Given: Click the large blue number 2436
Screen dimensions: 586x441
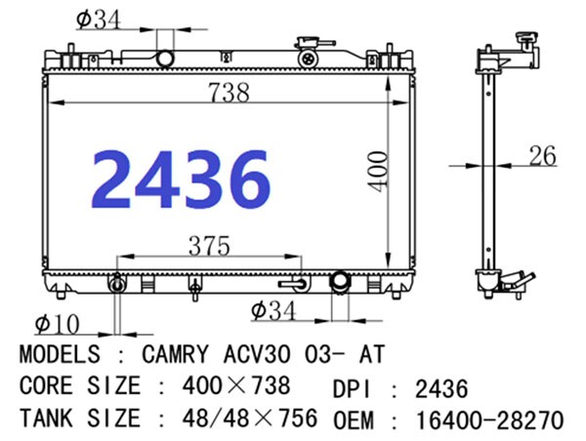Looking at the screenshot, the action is [181, 179].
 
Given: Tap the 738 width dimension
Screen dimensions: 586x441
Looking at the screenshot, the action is [230, 93].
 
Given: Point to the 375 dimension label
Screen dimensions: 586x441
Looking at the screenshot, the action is [209, 246].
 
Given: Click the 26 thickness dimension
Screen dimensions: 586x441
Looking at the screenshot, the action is [543, 155].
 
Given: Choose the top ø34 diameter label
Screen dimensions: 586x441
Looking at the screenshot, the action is [99, 20].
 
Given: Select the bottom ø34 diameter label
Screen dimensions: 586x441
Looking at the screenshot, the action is [273, 310].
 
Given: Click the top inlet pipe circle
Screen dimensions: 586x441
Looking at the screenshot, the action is [165, 59].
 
